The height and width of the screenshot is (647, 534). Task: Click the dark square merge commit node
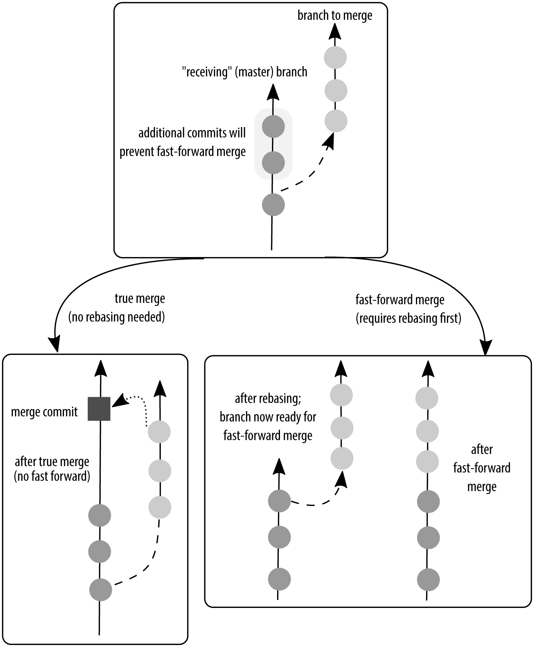(x=99, y=409)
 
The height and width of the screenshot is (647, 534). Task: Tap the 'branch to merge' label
(x=335, y=16)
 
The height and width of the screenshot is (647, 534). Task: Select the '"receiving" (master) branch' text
(x=245, y=72)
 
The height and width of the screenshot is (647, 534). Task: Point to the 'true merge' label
(x=140, y=299)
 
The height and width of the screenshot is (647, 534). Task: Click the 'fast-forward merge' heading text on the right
(x=400, y=300)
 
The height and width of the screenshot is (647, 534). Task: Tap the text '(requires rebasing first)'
(x=408, y=318)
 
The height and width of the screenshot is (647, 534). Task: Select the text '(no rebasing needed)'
(x=117, y=317)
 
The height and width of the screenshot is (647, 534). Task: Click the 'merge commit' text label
(x=44, y=412)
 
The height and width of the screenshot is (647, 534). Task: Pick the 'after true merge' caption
(x=52, y=462)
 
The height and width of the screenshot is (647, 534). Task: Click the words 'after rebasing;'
(x=268, y=398)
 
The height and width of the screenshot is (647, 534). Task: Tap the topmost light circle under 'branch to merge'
(x=336, y=58)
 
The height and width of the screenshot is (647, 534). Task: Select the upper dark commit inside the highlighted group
(x=273, y=126)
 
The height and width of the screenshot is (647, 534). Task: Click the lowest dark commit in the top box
(x=273, y=205)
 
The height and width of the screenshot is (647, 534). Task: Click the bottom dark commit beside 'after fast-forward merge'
(x=428, y=579)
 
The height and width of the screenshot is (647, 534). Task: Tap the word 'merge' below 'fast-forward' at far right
(x=482, y=487)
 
